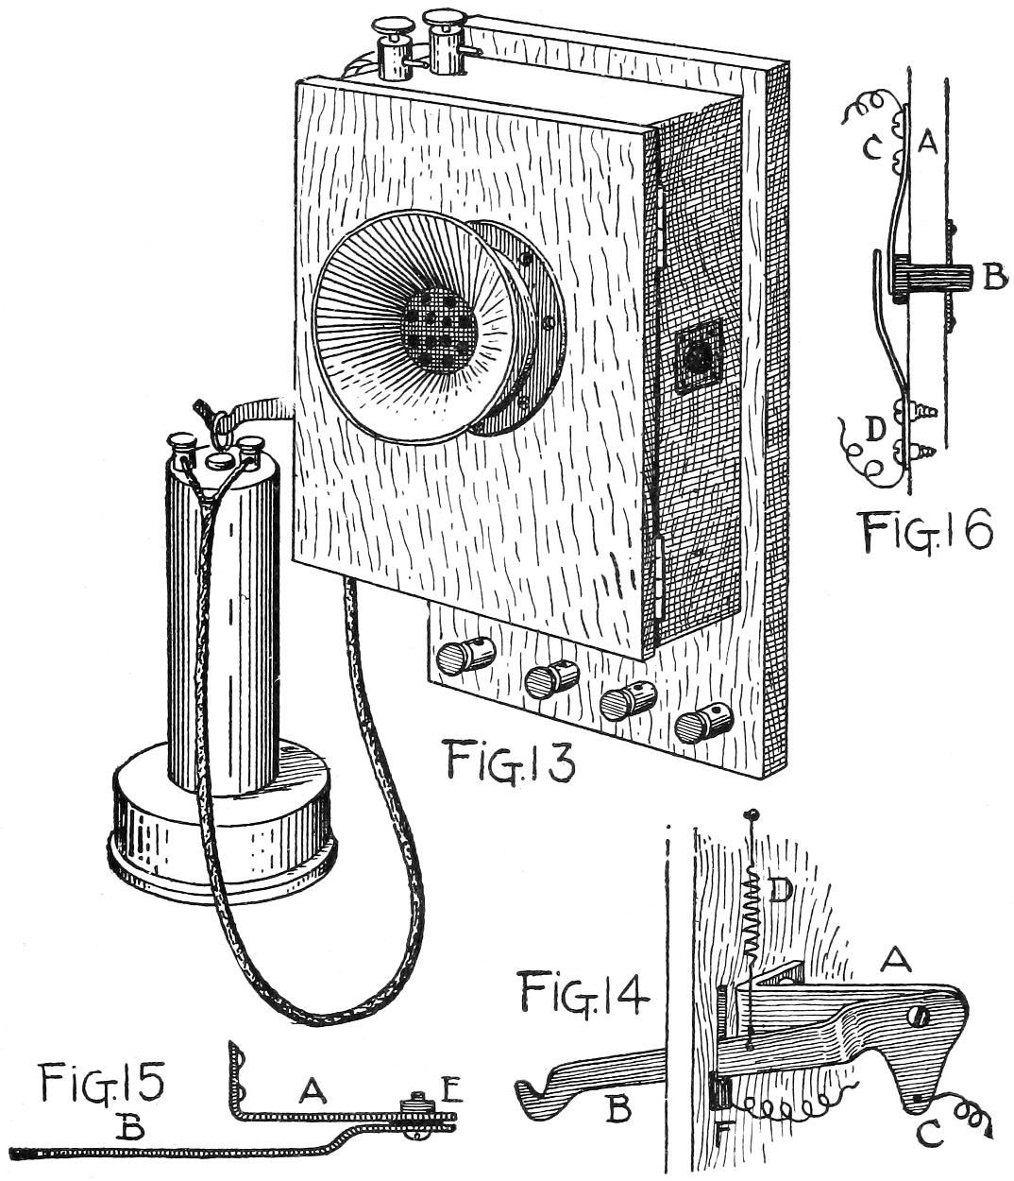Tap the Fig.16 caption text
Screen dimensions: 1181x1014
click(x=927, y=531)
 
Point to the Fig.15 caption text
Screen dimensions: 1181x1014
click(x=102, y=1084)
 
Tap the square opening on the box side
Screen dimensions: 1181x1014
click(x=699, y=356)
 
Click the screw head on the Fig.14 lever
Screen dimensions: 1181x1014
click(x=920, y=1017)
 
